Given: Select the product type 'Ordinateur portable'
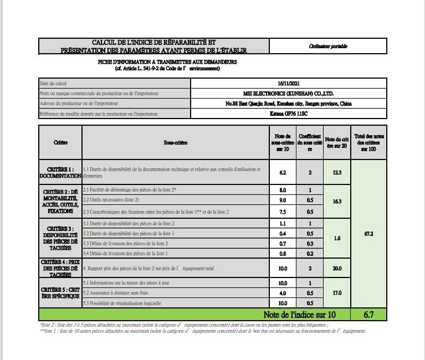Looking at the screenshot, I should click(x=328, y=47).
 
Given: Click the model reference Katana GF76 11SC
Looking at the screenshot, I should click(x=288, y=115).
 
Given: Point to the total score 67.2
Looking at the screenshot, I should click(x=368, y=234).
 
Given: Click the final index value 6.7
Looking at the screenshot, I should click(x=368, y=315).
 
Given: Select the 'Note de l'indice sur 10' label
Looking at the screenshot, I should click(x=300, y=315).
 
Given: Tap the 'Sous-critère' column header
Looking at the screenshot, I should click(x=176, y=143).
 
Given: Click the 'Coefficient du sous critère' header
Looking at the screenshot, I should click(x=310, y=142).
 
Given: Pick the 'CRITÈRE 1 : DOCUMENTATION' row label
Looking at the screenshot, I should click(x=60, y=172).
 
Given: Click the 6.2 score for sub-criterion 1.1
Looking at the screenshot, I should click(x=282, y=172).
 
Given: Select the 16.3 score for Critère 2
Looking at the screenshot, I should click(x=337, y=202).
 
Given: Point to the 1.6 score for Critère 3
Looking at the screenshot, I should click(x=337, y=238).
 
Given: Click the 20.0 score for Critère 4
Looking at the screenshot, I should click(x=337, y=268).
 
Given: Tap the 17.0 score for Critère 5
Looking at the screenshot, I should click(x=337, y=292).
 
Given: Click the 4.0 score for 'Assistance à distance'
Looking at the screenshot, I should click(x=282, y=292).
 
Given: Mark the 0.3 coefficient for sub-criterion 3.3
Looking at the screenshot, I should click(x=310, y=243).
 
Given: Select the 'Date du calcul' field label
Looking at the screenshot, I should click(x=54, y=83).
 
